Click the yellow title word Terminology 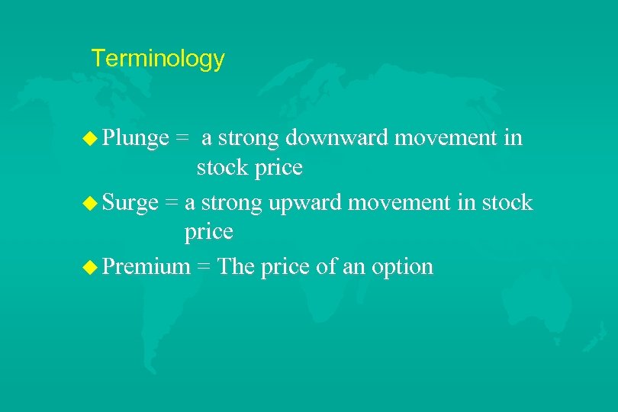(157, 59)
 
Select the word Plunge (135, 138)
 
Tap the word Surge (130, 203)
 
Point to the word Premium (146, 266)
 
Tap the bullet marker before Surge (92, 203)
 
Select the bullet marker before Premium (92, 267)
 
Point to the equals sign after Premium (203, 268)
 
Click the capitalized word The (236, 266)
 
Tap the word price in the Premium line (285, 268)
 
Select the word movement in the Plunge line (450, 138)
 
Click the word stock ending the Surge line (507, 203)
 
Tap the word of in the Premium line (327, 266)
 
